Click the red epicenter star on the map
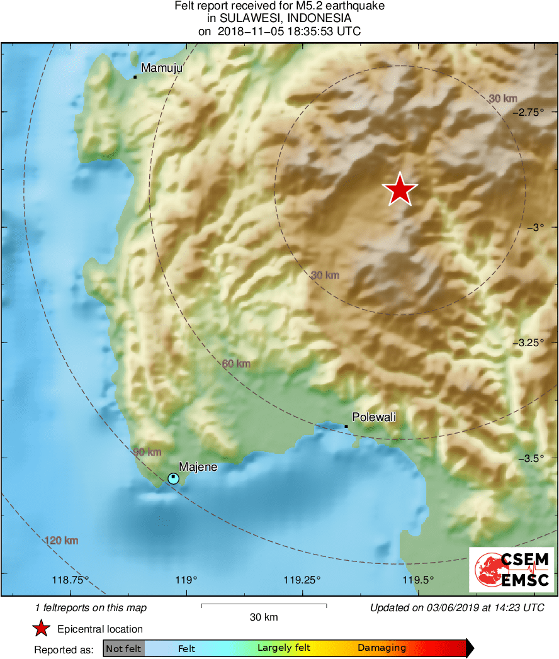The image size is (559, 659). (400, 189)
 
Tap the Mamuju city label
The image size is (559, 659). (161, 68)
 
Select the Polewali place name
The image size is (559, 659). (374, 417)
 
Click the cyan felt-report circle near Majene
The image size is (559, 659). (173, 478)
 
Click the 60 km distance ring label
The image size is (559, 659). (236, 364)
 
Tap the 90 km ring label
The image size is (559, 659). (147, 452)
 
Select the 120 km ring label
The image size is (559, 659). (62, 540)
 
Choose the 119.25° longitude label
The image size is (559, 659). (302, 580)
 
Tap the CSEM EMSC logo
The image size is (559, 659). (512, 570)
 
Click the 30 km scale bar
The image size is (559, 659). (263, 605)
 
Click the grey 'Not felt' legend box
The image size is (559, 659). (123, 648)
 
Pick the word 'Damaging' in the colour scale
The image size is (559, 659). (381, 648)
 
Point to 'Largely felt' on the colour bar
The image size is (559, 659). (284, 648)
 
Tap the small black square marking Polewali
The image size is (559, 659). (346, 427)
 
